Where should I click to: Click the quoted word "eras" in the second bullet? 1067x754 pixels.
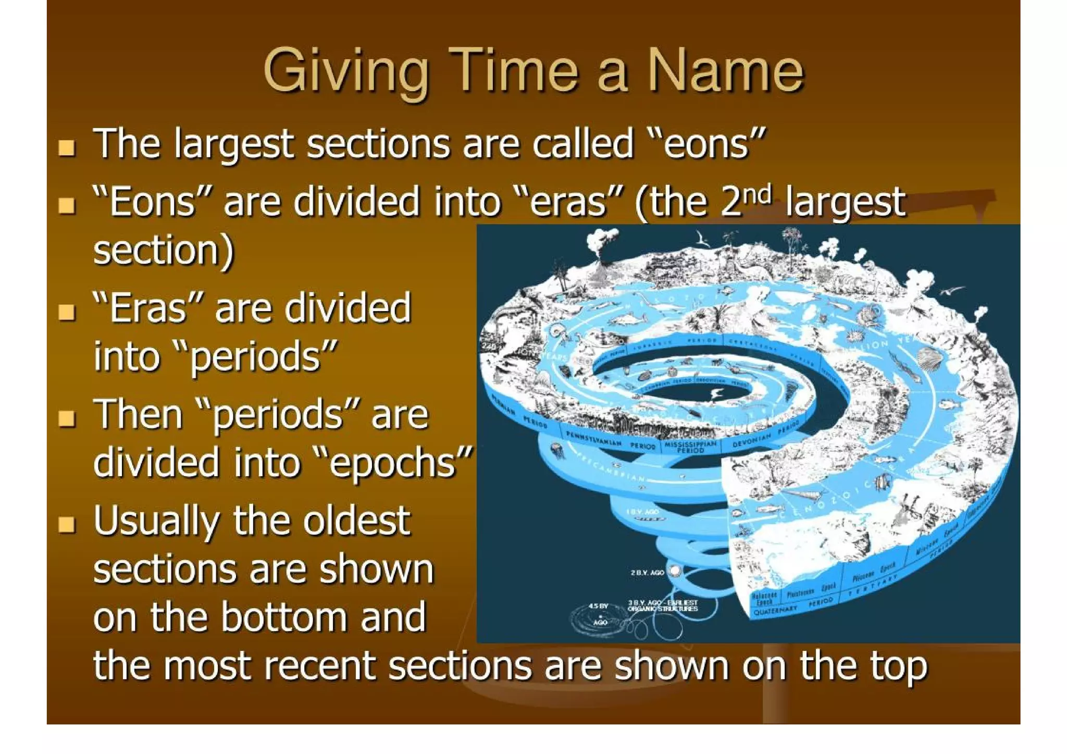click(x=568, y=202)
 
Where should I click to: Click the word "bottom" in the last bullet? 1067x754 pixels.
click(x=284, y=616)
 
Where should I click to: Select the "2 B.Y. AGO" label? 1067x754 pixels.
click(x=647, y=573)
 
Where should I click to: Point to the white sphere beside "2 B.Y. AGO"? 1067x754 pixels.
click(x=675, y=572)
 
